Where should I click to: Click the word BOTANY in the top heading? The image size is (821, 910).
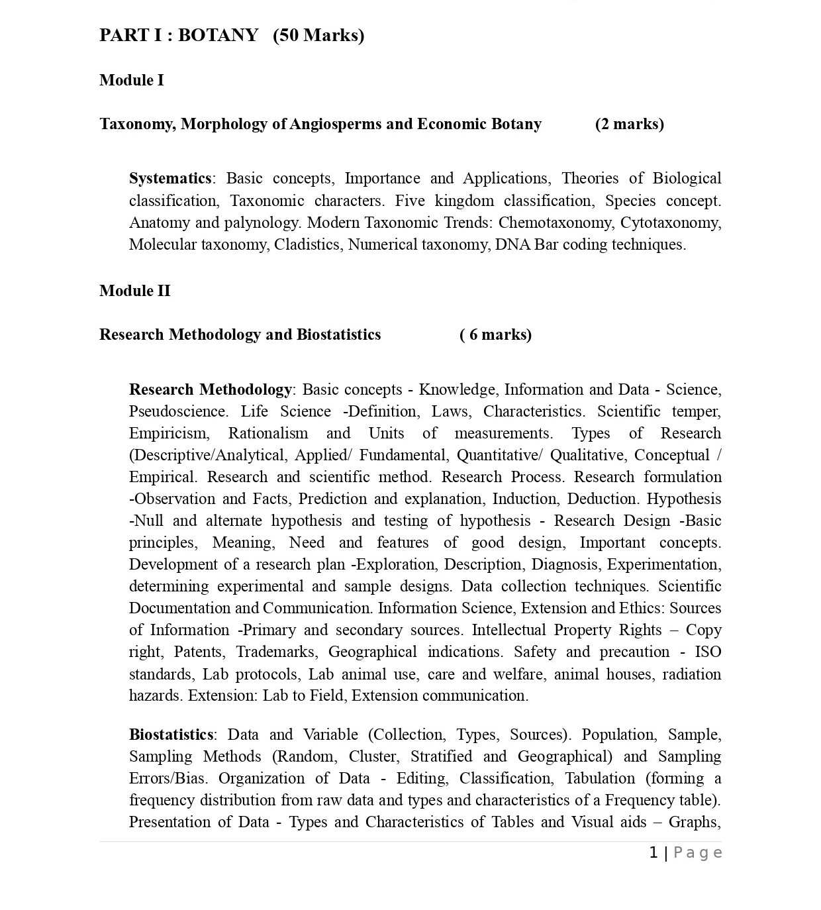[x=218, y=35]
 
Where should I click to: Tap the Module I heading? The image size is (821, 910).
[x=132, y=80]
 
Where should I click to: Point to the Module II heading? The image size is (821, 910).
[x=135, y=291]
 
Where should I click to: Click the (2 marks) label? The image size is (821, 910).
[x=629, y=124]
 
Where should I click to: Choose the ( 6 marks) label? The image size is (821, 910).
[x=495, y=334]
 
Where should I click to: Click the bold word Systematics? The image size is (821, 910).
[x=170, y=178]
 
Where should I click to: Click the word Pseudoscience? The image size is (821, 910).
[x=178, y=411]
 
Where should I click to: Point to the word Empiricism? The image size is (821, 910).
[x=169, y=433]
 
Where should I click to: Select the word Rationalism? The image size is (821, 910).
[x=268, y=433]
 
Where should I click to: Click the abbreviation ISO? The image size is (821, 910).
[x=708, y=652]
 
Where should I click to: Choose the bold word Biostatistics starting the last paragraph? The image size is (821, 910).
[x=171, y=734]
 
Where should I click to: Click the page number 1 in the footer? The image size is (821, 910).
[x=653, y=852]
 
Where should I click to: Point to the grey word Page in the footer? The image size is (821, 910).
[x=697, y=852]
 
